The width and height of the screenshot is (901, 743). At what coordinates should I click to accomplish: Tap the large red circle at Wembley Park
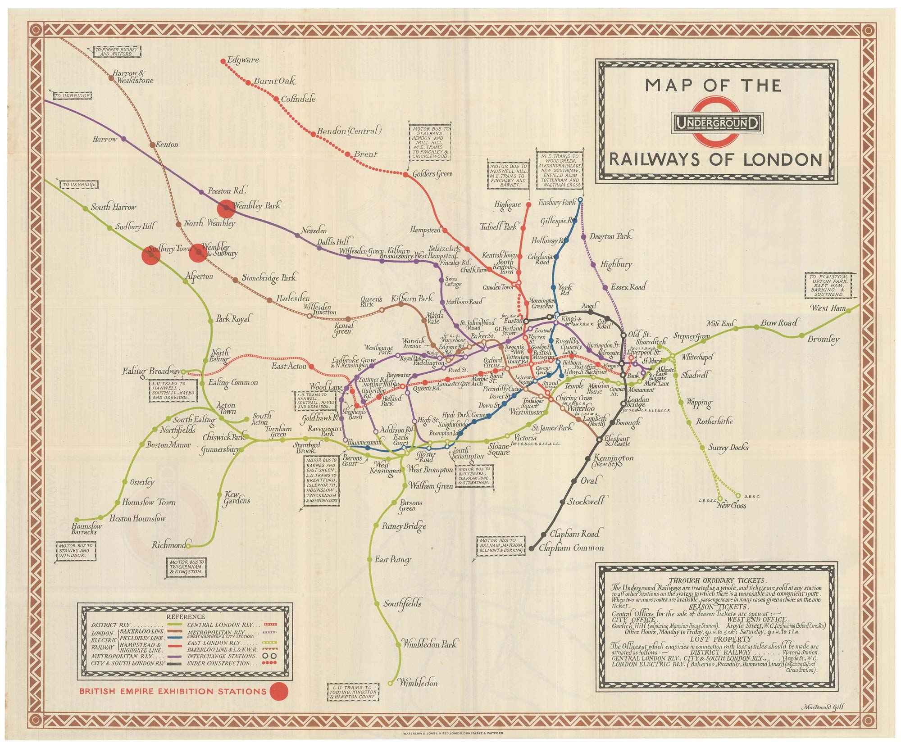(226, 208)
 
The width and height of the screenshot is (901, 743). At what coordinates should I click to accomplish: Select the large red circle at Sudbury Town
(151, 255)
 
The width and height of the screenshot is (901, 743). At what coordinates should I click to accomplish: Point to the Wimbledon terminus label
(418, 683)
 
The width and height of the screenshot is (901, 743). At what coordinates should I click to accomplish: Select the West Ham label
(828, 308)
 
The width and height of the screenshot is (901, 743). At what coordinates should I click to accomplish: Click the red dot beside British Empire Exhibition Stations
(278, 691)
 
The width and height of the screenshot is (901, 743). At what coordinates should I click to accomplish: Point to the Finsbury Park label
(557, 203)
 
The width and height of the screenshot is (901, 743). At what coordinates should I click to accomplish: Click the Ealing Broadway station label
(151, 371)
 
